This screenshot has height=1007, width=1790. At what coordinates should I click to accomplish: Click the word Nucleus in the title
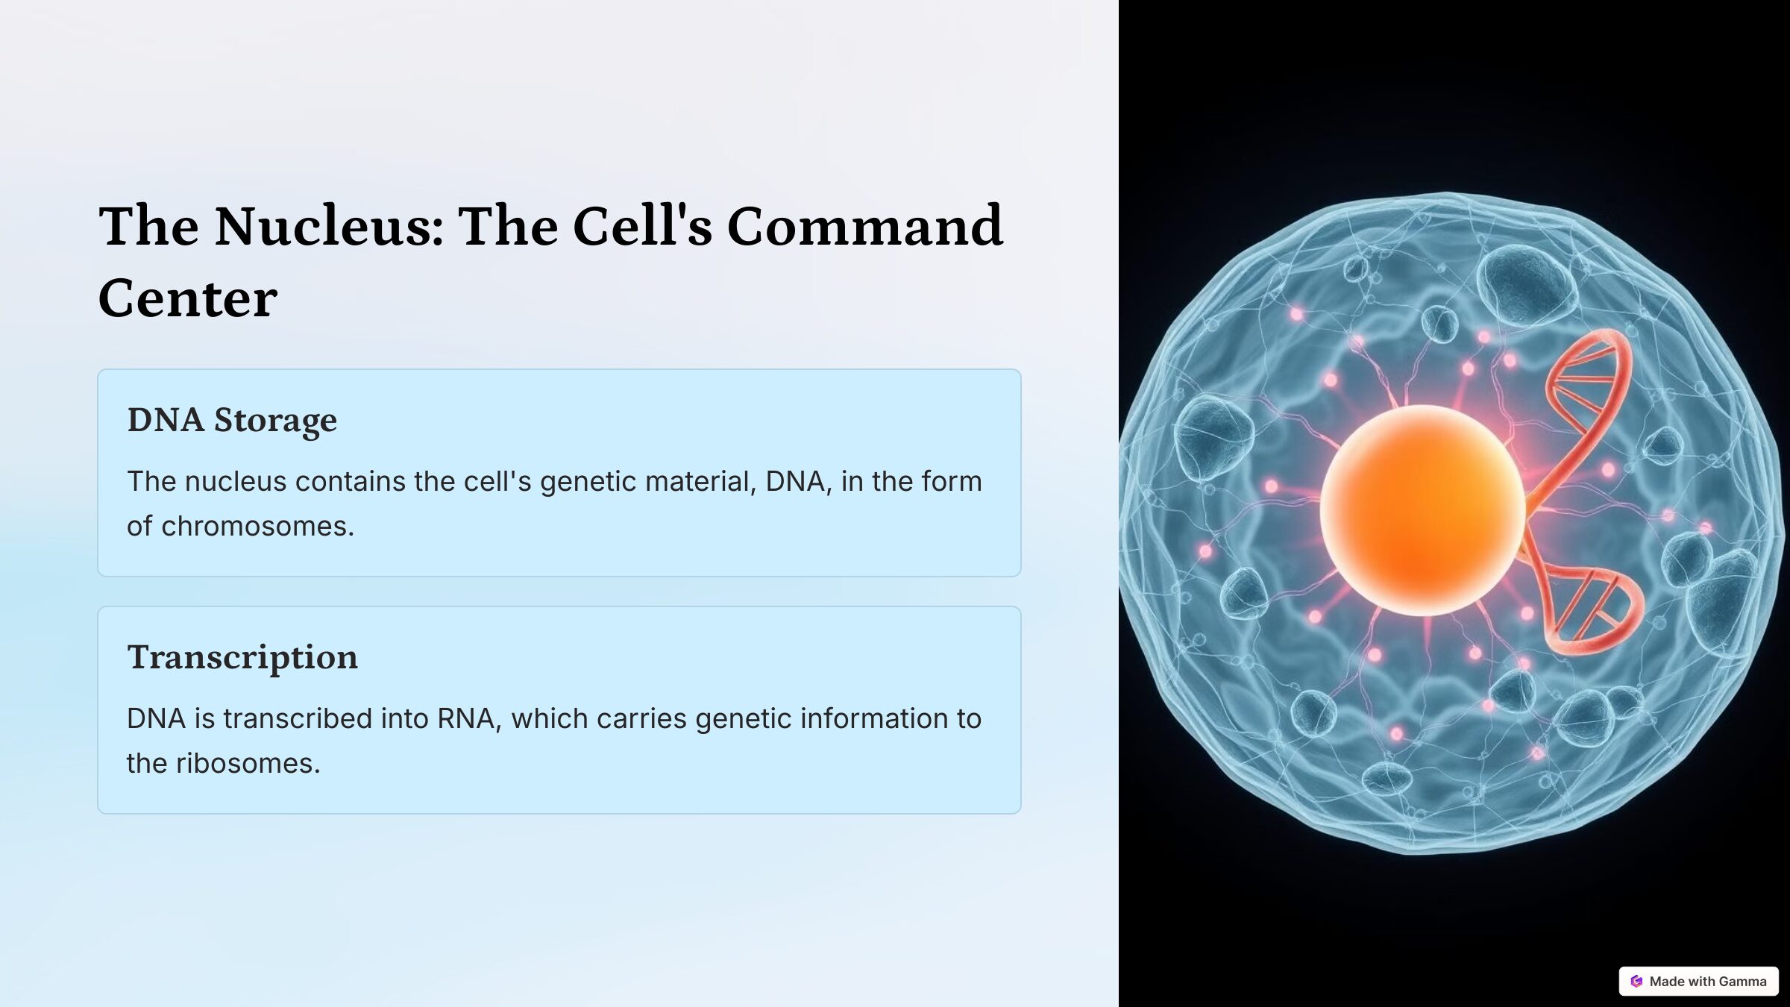pos(329,225)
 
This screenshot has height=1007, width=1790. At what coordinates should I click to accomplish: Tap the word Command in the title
pos(864,225)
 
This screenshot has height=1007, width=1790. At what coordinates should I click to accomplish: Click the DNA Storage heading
pos(232,421)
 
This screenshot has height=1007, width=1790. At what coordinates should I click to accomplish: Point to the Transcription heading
pos(242,657)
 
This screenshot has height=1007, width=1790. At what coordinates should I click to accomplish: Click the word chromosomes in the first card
pos(257,527)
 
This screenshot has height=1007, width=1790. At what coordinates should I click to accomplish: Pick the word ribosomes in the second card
pos(248,764)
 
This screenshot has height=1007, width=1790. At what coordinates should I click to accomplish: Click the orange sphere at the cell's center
pos(1422,510)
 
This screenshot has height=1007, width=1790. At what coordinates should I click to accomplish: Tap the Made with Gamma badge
pos(1698,981)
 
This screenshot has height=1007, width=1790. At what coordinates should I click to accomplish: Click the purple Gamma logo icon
pos(1636,981)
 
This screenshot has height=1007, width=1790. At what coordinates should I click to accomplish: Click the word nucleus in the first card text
pos(236,482)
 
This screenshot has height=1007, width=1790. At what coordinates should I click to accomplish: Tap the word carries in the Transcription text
pos(641,719)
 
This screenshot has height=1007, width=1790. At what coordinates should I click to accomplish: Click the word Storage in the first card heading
pos(275,421)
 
